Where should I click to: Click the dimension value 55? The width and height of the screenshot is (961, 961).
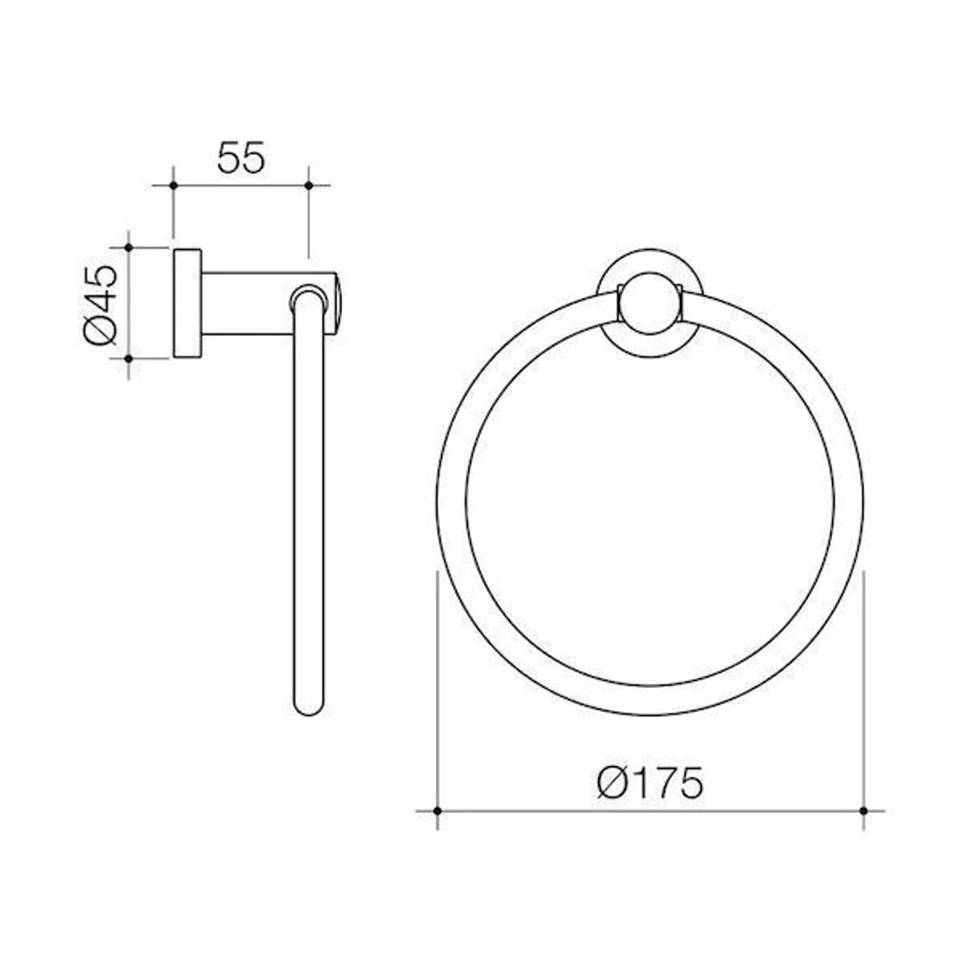pos(240,157)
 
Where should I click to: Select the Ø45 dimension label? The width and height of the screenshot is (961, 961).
pos(101,303)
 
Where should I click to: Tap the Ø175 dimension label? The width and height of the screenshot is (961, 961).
pos(650,783)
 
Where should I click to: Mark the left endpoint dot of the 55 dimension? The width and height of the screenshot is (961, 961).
pos(174,185)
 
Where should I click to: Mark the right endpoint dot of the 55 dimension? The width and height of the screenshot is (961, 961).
pos(308,185)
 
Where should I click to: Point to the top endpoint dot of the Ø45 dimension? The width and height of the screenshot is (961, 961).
pos(129,247)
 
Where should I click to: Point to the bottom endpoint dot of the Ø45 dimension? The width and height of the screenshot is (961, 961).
pos(129,358)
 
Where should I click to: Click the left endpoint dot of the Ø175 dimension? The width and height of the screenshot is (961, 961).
pos(437,811)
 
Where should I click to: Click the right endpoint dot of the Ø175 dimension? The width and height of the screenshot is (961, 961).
pos(863,811)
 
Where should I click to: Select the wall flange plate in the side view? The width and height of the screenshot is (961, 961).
pos(187,303)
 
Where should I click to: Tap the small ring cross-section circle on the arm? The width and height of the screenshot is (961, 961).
pos(308,298)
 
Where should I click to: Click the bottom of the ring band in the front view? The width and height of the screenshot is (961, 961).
pos(650,700)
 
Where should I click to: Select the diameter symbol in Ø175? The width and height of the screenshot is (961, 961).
pos(614,784)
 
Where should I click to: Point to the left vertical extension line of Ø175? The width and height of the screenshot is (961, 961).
pos(437,694)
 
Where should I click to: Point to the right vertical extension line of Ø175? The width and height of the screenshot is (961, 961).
pos(863,694)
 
